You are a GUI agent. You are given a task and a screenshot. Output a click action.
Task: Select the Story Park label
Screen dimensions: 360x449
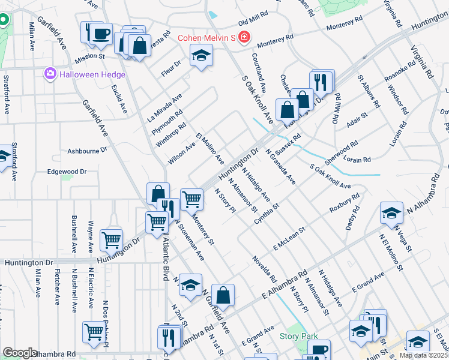(298, 337)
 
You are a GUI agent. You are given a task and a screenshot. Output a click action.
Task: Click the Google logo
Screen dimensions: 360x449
(20, 352)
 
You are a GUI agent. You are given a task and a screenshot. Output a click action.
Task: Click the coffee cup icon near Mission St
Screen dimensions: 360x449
(101, 32)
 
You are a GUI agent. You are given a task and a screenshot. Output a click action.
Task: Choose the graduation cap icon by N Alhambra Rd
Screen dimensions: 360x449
(391, 213)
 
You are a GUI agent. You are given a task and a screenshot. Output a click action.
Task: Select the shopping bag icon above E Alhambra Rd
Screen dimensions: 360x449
(223, 295)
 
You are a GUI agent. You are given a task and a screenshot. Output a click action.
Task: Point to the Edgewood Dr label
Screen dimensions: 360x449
(67, 172)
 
